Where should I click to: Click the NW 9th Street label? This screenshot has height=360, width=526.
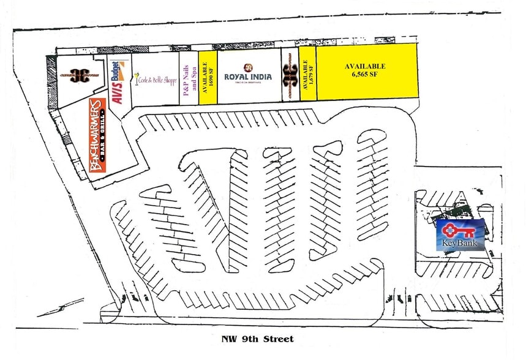[x=257, y=339]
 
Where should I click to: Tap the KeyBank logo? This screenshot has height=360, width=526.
[x=460, y=234]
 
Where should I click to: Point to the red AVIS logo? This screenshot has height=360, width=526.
[x=117, y=91]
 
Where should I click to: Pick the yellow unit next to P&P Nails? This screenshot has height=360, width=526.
[x=208, y=77]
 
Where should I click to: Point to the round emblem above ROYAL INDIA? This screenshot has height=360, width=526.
[x=248, y=67]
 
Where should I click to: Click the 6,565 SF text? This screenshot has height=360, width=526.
[x=365, y=73]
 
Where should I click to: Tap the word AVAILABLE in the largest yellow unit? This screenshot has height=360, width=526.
[x=365, y=66]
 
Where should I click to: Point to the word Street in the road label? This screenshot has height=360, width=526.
[x=280, y=339]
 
